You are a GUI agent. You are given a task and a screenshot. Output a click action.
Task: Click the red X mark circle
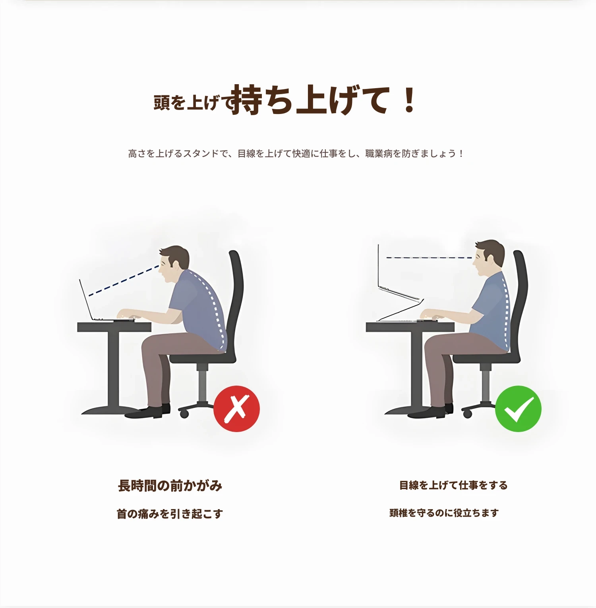tap(236, 409)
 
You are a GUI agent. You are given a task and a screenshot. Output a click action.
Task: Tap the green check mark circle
tap(518, 409)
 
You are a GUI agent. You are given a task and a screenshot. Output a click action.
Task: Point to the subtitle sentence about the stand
tap(296, 153)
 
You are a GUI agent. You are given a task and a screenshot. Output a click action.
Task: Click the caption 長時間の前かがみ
tap(170, 485)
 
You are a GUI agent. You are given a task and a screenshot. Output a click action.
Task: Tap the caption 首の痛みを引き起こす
tap(170, 514)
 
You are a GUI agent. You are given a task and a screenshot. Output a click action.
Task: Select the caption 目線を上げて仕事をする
tap(453, 485)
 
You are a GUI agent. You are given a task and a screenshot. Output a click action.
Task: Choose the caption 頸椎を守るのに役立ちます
tap(444, 513)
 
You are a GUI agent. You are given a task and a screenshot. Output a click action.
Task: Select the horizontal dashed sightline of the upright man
tap(429, 258)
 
